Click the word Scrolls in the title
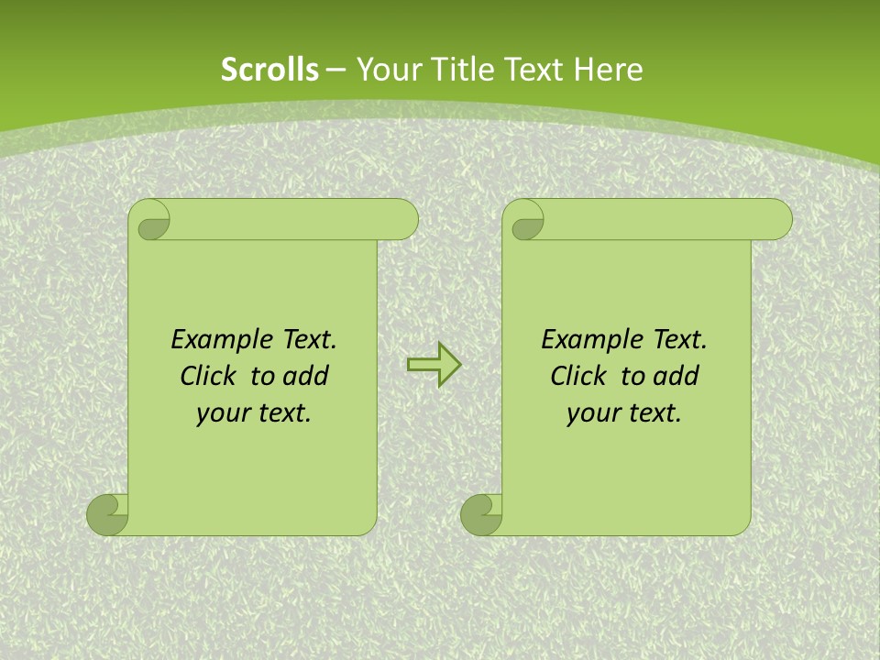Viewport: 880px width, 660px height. coord(269,70)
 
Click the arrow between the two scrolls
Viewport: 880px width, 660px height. coord(434,365)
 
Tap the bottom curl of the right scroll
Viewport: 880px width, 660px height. coord(481,515)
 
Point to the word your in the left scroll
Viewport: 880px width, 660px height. coord(221,413)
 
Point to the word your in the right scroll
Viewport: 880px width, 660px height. coord(591,413)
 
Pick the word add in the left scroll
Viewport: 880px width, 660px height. coord(306,376)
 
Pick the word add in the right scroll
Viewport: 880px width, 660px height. coord(676,376)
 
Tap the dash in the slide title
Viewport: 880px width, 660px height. coord(336,70)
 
